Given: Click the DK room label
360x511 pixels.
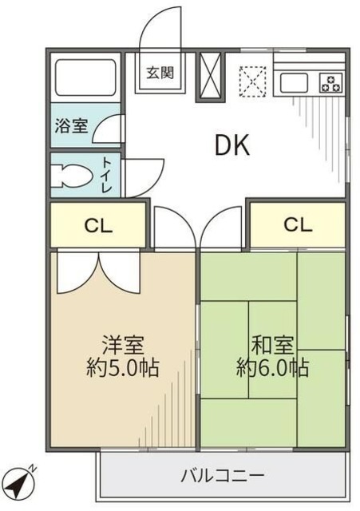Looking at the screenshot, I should [232, 145].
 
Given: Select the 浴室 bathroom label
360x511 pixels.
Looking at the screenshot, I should [71, 126].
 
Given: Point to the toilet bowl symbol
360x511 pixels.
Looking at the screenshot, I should [69, 173].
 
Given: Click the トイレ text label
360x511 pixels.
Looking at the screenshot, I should [106, 175].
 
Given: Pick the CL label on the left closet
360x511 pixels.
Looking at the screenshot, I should [99, 225].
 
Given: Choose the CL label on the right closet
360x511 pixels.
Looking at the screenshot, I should [296, 224].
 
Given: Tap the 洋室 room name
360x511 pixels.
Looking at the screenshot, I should [123, 346].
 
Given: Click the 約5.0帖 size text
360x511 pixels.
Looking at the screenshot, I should [123, 368].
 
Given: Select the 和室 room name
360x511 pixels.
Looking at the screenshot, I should [272, 346].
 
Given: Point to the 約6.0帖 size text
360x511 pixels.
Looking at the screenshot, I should [272, 368].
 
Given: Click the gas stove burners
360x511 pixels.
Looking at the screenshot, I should [330, 81].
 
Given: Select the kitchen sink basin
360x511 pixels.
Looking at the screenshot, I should [293, 81].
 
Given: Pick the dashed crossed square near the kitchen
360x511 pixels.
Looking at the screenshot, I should [255, 78].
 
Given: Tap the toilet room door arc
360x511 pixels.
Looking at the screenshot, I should [144, 174].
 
